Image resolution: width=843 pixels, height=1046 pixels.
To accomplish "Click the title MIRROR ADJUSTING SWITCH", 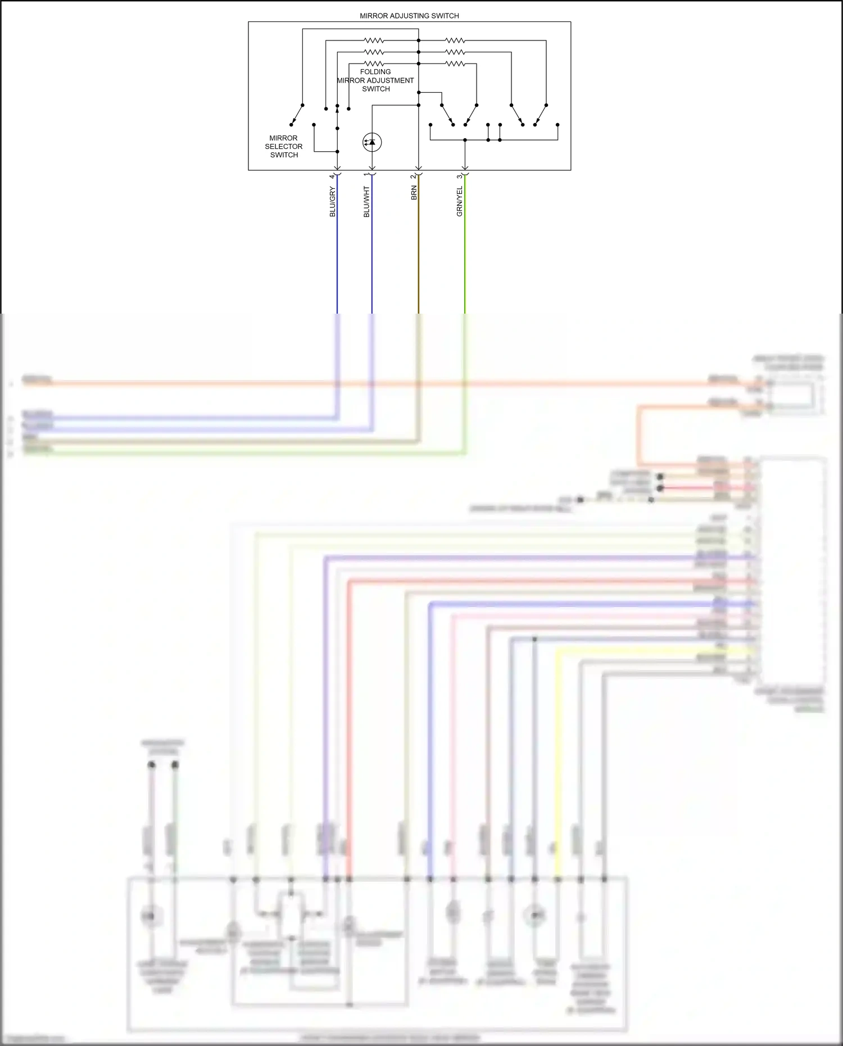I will click(x=409, y=16).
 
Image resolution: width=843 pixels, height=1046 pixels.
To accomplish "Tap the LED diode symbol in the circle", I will click(x=372, y=142).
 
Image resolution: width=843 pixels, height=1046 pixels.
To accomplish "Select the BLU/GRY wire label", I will click(x=332, y=202).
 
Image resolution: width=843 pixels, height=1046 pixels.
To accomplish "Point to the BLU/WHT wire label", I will click(x=366, y=202).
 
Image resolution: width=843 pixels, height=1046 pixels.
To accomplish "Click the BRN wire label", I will click(x=414, y=193).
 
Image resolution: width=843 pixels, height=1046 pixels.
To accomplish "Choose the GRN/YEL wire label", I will click(x=460, y=202).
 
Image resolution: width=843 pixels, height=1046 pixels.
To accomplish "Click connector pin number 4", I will click(x=332, y=176).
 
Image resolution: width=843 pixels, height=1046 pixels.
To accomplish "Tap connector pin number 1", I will click(x=366, y=175).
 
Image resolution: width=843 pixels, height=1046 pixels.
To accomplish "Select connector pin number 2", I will click(x=413, y=176).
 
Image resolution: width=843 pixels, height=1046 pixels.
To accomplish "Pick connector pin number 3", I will click(x=459, y=176).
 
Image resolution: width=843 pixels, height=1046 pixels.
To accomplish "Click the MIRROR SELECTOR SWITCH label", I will click(x=284, y=146).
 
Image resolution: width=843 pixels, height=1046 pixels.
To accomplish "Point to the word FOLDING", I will click(x=375, y=72).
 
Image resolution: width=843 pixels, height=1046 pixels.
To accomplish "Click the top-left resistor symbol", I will click(x=374, y=40).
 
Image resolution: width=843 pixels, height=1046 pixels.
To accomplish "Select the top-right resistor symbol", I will click(x=455, y=40).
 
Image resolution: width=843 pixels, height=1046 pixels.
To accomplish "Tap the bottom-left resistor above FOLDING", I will click(x=374, y=64).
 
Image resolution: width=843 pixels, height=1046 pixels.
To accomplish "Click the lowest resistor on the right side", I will click(x=455, y=64).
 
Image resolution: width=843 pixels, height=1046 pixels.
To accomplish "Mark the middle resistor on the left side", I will click(x=374, y=52).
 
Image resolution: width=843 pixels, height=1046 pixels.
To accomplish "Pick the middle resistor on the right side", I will click(x=455, y=52).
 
